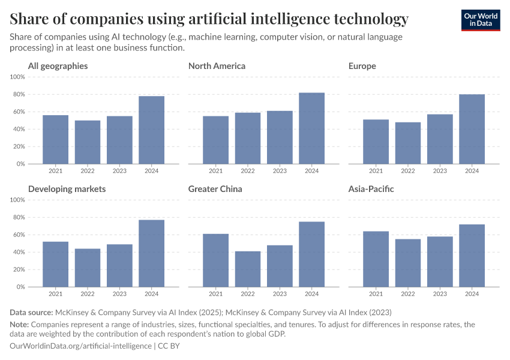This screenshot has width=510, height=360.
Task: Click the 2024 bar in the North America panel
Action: [x=311, y=128]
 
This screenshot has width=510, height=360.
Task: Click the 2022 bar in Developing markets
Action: [x=88, y=268]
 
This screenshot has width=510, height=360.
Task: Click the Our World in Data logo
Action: [x=480, y=20]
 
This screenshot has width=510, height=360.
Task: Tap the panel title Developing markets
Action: [x=67, y=189]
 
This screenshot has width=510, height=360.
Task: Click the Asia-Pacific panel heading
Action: [x=371, y=189]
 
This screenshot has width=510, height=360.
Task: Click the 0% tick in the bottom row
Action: [x=20, y=287]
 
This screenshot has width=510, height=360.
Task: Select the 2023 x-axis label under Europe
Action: [x=440, y=171]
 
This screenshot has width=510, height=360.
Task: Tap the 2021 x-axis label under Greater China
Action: [x=215, y=294]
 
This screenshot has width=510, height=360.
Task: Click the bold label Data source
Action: [x=31, y=313]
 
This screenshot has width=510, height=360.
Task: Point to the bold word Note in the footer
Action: [x=21, y=325]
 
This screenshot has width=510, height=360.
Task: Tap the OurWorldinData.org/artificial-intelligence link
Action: [x=81, y=346]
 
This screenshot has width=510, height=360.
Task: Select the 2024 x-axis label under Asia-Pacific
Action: [x=472, y=294]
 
